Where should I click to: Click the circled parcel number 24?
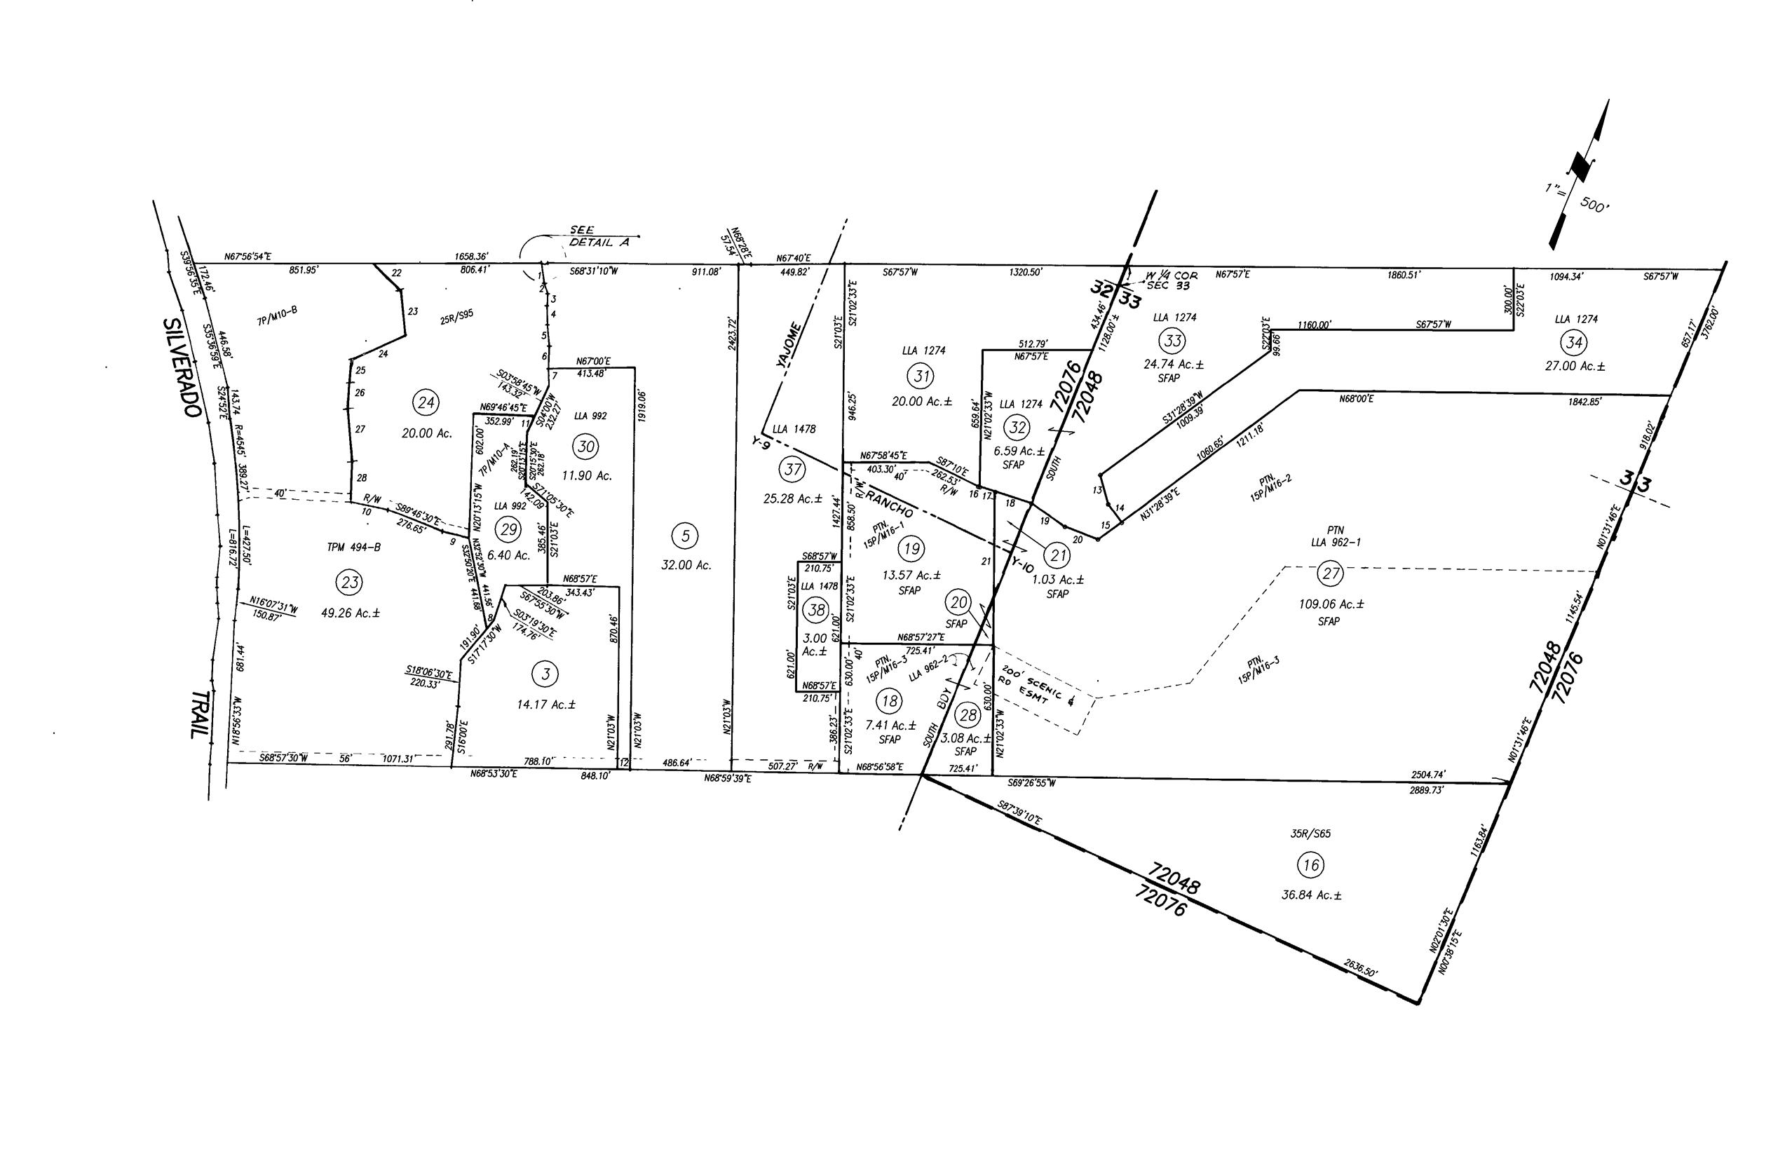426,404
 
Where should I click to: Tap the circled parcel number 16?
1310,866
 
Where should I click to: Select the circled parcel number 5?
685,535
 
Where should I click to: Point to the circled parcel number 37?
791,468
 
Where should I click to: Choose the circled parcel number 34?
1575,343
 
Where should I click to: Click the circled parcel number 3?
545,674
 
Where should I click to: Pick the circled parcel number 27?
1331,573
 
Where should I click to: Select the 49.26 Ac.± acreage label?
351,613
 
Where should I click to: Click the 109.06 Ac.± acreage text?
1331,604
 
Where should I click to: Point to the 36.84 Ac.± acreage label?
1311,895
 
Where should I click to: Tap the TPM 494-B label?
354,547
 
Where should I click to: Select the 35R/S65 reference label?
1311,834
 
